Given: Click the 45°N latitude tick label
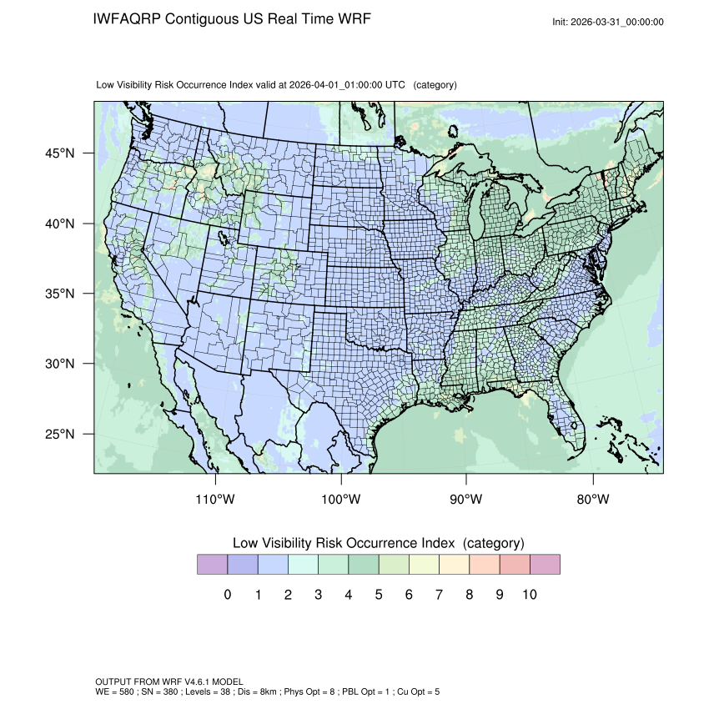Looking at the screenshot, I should [59, 153].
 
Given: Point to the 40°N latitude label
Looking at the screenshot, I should [59, 224].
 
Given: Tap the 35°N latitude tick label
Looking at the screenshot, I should [59, 294].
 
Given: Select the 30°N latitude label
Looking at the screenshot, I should [59, 364].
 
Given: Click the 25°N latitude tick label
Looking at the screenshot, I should [59, 434].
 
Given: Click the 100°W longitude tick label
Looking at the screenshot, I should [341, 500].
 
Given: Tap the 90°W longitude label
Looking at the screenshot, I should [467, 500].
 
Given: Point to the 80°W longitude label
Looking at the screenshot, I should [592, 500].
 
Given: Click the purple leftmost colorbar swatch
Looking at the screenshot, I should [212, 565].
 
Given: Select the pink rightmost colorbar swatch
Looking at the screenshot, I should [545, 565].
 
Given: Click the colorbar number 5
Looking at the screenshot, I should [378, 595].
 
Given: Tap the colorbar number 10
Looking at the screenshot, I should [529, 595].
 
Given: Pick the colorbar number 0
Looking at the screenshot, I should [227, 595].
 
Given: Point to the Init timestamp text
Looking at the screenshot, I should [608, 22].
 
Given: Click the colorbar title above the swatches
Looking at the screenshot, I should [378, 543].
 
